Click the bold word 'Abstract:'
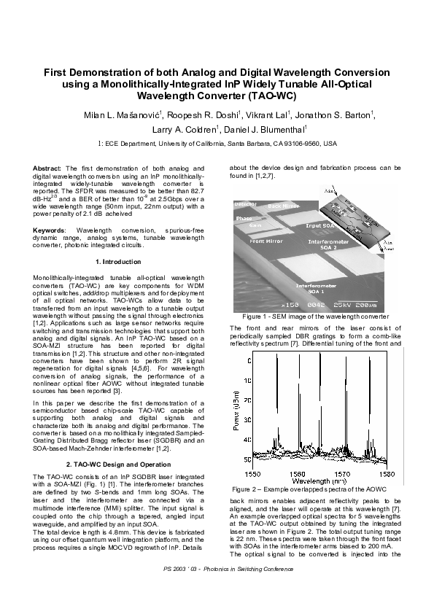[x=48, y=168]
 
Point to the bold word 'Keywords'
[x=50, y=230]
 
